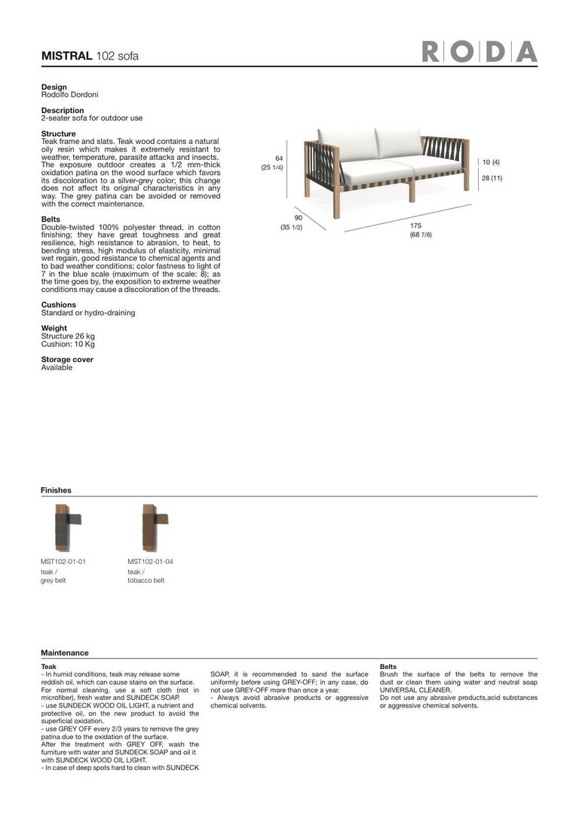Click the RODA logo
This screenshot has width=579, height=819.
480,52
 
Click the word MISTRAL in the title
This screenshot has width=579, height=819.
66,56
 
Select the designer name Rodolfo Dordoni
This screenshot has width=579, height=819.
69,95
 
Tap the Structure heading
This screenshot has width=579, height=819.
58,133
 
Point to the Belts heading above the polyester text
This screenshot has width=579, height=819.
51,219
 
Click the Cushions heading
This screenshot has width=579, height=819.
58,305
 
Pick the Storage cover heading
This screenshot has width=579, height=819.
67,360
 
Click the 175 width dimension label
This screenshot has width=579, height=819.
415,226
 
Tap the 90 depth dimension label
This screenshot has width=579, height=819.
298,219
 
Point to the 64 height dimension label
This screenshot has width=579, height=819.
278,158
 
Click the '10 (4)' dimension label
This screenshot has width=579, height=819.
491,162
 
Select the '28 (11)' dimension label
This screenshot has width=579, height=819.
492,178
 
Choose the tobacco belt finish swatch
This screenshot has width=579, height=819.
151,528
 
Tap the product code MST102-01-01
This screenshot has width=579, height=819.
63,562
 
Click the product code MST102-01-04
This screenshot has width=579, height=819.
150,562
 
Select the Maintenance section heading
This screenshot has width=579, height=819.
64,653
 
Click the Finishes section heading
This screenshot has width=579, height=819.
56,490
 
